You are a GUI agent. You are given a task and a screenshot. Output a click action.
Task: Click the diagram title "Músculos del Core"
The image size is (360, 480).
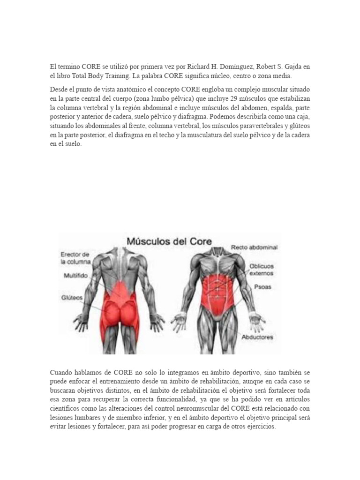click(x=169, y=242)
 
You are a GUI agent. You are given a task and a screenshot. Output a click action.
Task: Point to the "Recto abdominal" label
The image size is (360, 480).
click(x=254, y=247)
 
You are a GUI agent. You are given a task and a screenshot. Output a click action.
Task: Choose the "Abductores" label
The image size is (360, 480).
click(x=257, y=337)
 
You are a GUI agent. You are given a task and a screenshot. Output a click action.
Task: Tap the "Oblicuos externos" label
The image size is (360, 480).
click(x=261, y=269)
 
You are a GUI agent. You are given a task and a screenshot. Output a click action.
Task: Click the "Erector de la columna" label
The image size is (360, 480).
click(x=75, y=257)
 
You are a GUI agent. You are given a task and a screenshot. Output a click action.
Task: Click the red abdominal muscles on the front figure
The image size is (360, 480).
click(x=217, y=286)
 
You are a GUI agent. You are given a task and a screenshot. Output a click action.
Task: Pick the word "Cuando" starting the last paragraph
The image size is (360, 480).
click(x=62, y=373)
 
